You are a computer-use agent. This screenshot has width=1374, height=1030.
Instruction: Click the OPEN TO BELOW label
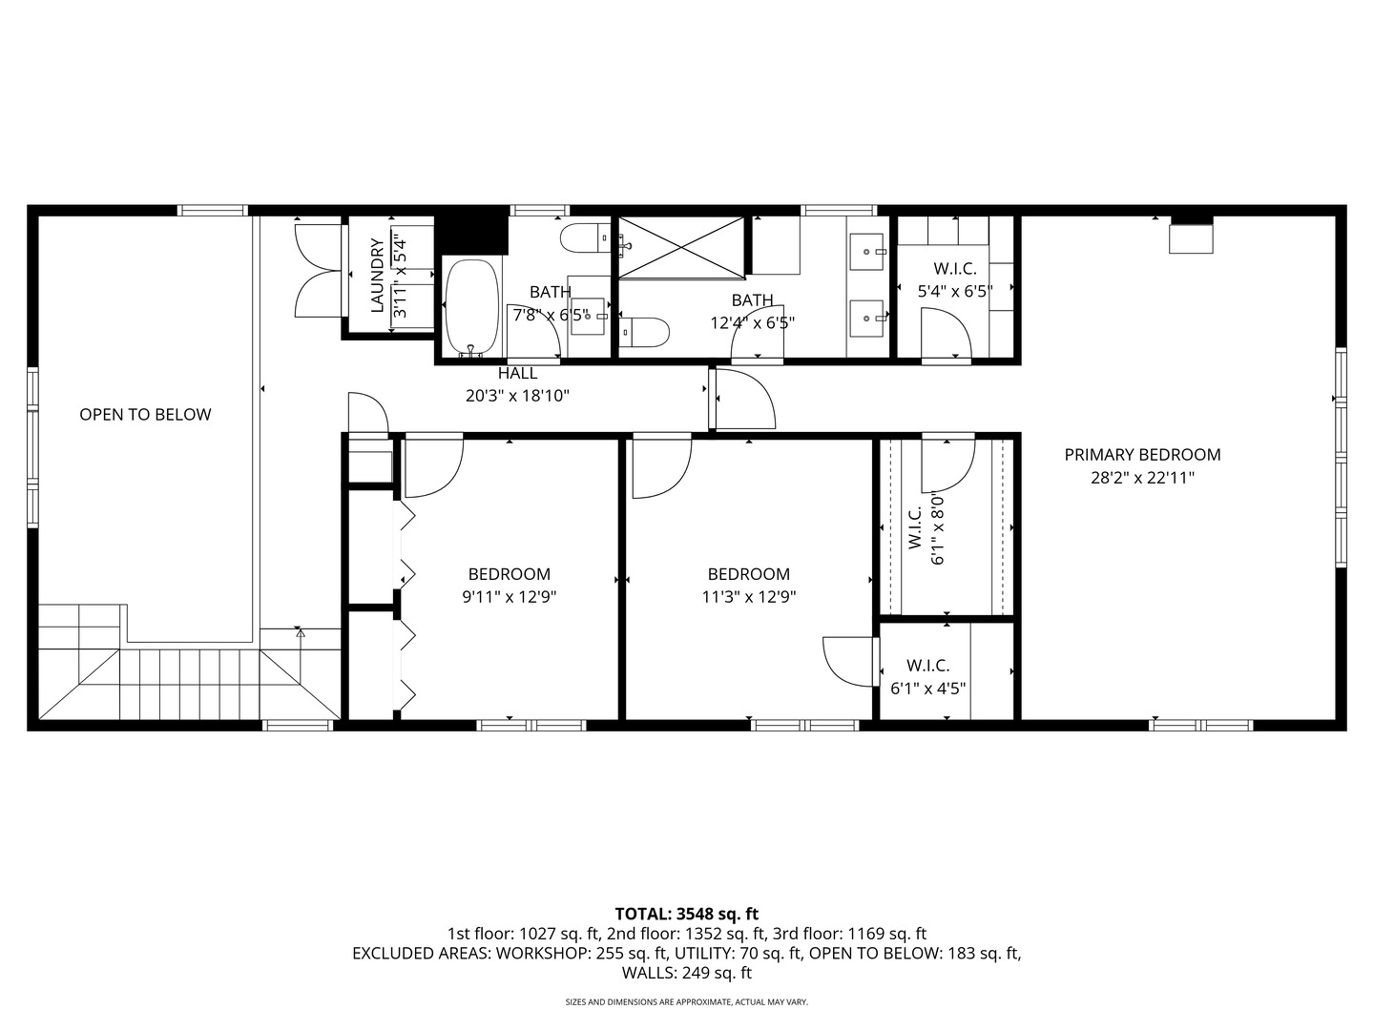pyautogui.click(x=145, y=414)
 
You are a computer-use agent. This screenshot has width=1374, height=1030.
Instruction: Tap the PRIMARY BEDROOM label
pyautogui.click(x=1142, y=455)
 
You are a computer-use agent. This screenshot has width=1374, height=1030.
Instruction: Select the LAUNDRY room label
pyautogui.click(x=377, y=276)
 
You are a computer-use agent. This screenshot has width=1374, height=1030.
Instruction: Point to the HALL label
pyautogui.click(x=517, y=373)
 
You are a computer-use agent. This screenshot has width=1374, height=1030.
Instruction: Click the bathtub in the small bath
pyautogui.click(x=472, y=308)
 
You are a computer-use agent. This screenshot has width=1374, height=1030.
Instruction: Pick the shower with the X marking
pyautogui.click(x=681, y=248)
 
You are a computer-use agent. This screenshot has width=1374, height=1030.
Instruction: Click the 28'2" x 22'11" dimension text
pyautogui.click(x=1142, y=478)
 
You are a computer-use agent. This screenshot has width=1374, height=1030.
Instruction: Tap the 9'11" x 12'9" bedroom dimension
pyautogui.click(x=509, y=597)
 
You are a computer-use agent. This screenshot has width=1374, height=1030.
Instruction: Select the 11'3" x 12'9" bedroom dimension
pyautogui.click(x=749, y=597)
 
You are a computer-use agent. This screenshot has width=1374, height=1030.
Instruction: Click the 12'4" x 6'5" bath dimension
pyautogui.click(x=753, y=322)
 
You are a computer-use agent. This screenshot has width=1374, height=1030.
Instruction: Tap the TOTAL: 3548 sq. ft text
pyautogui.click(x=687, y=914)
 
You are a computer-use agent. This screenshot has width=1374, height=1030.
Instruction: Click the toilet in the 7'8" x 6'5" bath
pyautogui.click(x=585, y=238)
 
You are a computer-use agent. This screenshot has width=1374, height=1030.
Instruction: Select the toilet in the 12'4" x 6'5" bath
pyautogui.click(x=644, y=332)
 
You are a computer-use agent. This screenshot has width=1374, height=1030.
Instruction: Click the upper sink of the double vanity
pyautogui.click(x=868, y=252)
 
